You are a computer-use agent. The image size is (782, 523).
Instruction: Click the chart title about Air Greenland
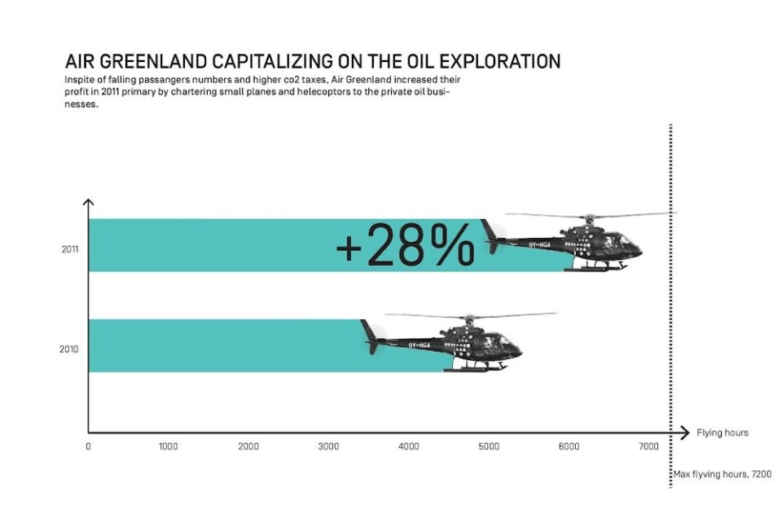[312, 62]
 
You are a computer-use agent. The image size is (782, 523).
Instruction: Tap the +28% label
[405, 245]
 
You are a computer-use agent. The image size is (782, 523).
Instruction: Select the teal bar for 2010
[220, 345]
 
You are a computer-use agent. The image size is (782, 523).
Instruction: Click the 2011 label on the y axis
[69, 249]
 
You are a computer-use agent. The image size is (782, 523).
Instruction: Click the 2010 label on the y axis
[69, 349]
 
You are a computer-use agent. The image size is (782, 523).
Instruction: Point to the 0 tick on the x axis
[88, 446]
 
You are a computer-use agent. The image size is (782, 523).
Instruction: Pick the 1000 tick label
[168, 446]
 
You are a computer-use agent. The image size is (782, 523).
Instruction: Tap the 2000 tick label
[248, 446]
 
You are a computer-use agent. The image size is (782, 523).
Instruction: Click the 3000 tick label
[328, 446]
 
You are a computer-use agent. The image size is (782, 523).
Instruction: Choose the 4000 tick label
[409, 446]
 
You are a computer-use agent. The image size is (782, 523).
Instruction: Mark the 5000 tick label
[489, 446]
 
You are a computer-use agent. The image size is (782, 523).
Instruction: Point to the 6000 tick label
[569, 446]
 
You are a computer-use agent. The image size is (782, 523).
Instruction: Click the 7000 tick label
[648, 446]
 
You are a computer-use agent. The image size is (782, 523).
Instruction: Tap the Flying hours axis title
[722, 432]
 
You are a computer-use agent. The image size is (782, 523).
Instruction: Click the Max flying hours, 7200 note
[722, 473]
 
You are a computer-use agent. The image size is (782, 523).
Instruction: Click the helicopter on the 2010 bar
[456, 343]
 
